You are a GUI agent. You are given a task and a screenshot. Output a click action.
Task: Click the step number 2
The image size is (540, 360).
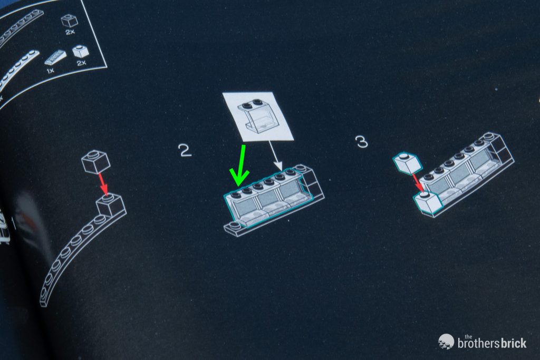[185, 150]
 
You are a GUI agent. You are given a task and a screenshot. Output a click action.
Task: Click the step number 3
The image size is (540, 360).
[362, 141]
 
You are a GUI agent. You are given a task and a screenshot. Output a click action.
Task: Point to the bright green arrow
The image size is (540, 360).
[240, 166]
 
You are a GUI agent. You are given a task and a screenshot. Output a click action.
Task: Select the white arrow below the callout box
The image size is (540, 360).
[276, 156]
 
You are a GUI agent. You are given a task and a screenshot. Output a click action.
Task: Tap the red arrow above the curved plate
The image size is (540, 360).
[103, 184]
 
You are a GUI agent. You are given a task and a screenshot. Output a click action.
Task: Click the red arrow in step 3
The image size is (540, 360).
[418, 182]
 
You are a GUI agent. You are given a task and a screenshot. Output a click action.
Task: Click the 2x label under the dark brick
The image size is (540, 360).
[70, 32]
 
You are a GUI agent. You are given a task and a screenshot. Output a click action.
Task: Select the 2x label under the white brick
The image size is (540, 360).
[81, 63]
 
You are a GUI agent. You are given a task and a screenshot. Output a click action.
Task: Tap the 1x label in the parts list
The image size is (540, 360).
[50, 71]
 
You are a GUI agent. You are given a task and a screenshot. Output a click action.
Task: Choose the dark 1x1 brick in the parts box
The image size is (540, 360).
[69, 21]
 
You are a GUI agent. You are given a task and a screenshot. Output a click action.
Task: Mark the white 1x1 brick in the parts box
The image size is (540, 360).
[81, 51]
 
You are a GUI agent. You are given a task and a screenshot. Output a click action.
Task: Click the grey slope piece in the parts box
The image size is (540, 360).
[55, 58]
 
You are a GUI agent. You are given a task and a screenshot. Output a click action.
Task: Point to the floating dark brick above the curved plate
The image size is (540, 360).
[96, 161]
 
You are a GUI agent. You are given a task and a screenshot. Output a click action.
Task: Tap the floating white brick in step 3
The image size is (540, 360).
[408, 163]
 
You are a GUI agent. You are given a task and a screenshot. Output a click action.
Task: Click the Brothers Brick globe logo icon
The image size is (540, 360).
[446, 342]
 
